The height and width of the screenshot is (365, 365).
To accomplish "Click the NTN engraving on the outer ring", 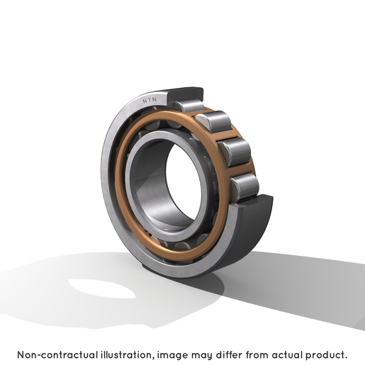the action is [150, 100].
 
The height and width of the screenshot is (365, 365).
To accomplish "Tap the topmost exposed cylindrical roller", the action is [189, 106].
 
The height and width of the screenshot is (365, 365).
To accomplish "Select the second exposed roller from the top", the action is [213, 121].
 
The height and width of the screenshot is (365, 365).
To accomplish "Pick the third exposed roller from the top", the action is [235, 152].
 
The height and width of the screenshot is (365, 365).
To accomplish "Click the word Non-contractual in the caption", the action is [57, 355].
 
